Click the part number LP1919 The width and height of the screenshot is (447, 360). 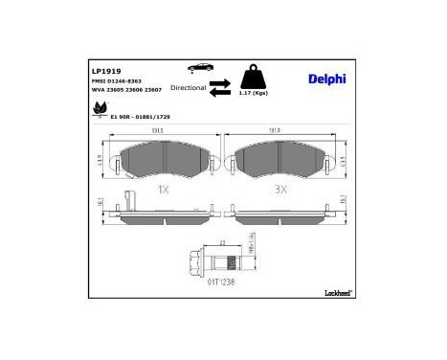(105, 70)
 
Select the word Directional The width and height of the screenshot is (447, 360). (189, 87)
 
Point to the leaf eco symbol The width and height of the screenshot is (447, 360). (99, 113)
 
